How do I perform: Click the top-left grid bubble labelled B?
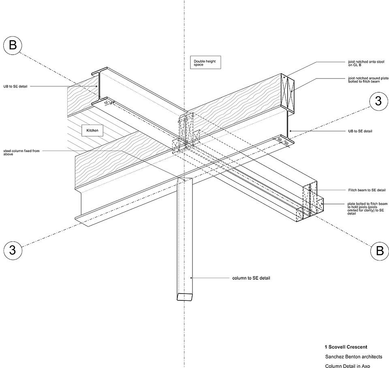13,46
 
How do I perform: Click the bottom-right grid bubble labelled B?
380,251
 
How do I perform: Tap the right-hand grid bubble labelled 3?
378,101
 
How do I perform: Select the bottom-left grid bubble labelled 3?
13,250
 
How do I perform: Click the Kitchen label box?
92,131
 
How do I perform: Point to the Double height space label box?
205,63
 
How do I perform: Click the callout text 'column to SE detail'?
251,278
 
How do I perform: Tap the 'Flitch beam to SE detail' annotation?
364,190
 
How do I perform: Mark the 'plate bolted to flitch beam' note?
365,208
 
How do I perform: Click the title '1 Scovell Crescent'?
346,347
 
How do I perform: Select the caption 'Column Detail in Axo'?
348,366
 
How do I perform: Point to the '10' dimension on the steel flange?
105,103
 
